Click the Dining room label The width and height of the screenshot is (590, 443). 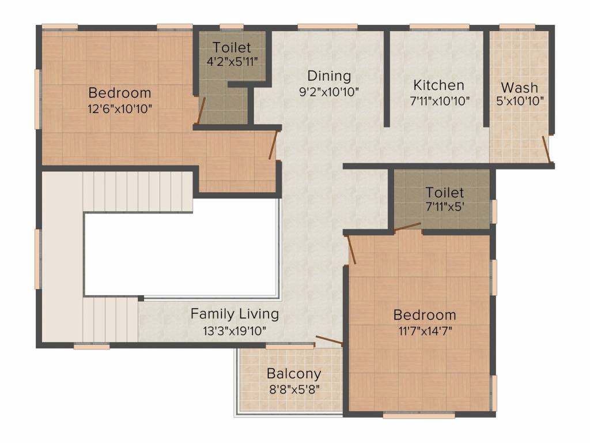329,76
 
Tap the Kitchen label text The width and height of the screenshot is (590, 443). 438,85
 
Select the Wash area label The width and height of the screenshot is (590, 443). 519,88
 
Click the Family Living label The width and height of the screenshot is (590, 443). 235,314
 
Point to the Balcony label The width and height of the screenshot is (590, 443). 294,374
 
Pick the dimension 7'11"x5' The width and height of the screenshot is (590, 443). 444,207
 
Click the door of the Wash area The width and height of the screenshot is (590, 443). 547,149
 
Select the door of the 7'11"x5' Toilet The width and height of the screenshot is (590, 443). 407,227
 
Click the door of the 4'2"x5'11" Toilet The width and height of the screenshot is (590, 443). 201,111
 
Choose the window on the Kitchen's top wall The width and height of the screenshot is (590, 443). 439,27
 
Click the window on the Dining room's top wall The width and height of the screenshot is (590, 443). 327,27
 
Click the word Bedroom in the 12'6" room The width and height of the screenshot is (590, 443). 120,93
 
